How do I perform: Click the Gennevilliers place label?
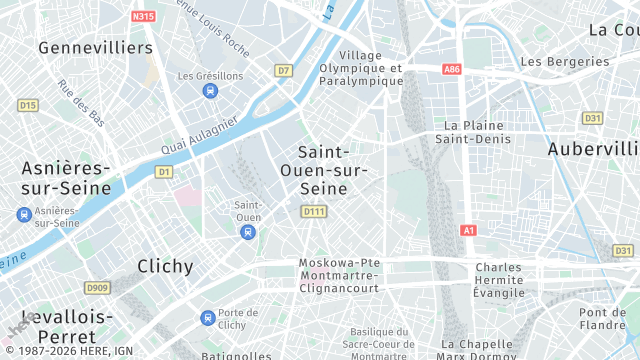(95, 47)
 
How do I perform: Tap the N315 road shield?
(143, 16)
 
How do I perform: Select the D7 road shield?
(284, 70)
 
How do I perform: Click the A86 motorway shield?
(451, 69)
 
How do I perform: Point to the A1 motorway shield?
(468, 230)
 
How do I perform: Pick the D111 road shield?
(314, 211)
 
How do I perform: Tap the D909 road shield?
(96, 288)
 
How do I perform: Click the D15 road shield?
(27, 105)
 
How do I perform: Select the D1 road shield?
(164, 172)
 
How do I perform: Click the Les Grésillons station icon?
(210, 91)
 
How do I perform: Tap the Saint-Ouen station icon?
(247, 232)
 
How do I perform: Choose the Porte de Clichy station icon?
(207, 318)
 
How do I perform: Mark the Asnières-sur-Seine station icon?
(23, 215)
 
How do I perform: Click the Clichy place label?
(165, 266)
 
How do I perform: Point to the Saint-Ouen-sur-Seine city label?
(331, 169)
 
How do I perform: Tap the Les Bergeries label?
(564, 61)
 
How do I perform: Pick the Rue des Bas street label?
(81, 102)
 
